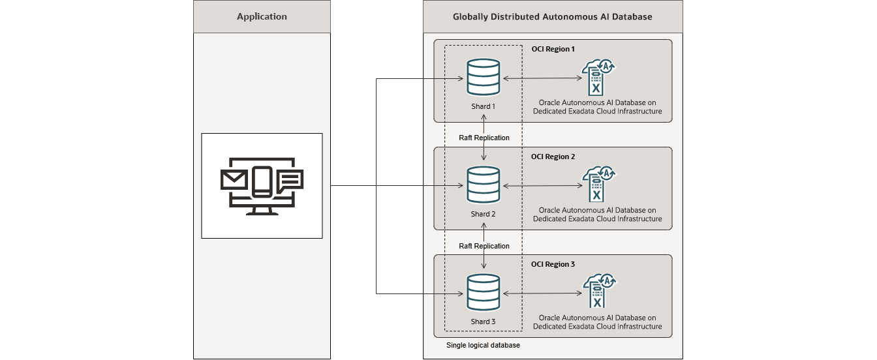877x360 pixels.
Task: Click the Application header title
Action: point(262,16)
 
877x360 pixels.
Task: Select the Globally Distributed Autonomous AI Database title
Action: point(552,16)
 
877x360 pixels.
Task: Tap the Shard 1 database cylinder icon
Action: point(484,78)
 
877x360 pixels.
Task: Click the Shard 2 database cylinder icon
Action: point(484,185)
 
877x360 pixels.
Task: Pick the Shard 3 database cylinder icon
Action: point(484,292)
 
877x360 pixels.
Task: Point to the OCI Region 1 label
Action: point(553,49)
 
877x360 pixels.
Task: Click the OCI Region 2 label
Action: point(553,157)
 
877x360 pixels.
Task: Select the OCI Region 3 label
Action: point(553,264)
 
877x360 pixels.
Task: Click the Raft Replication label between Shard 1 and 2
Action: point(484,138)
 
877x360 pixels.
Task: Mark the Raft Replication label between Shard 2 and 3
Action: point(484,246)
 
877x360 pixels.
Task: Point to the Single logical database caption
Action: point(483,345)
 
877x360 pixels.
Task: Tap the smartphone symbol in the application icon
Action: point(262,182)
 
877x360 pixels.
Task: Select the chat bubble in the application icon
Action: point(289,180)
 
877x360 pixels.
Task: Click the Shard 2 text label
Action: point(484,214)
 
